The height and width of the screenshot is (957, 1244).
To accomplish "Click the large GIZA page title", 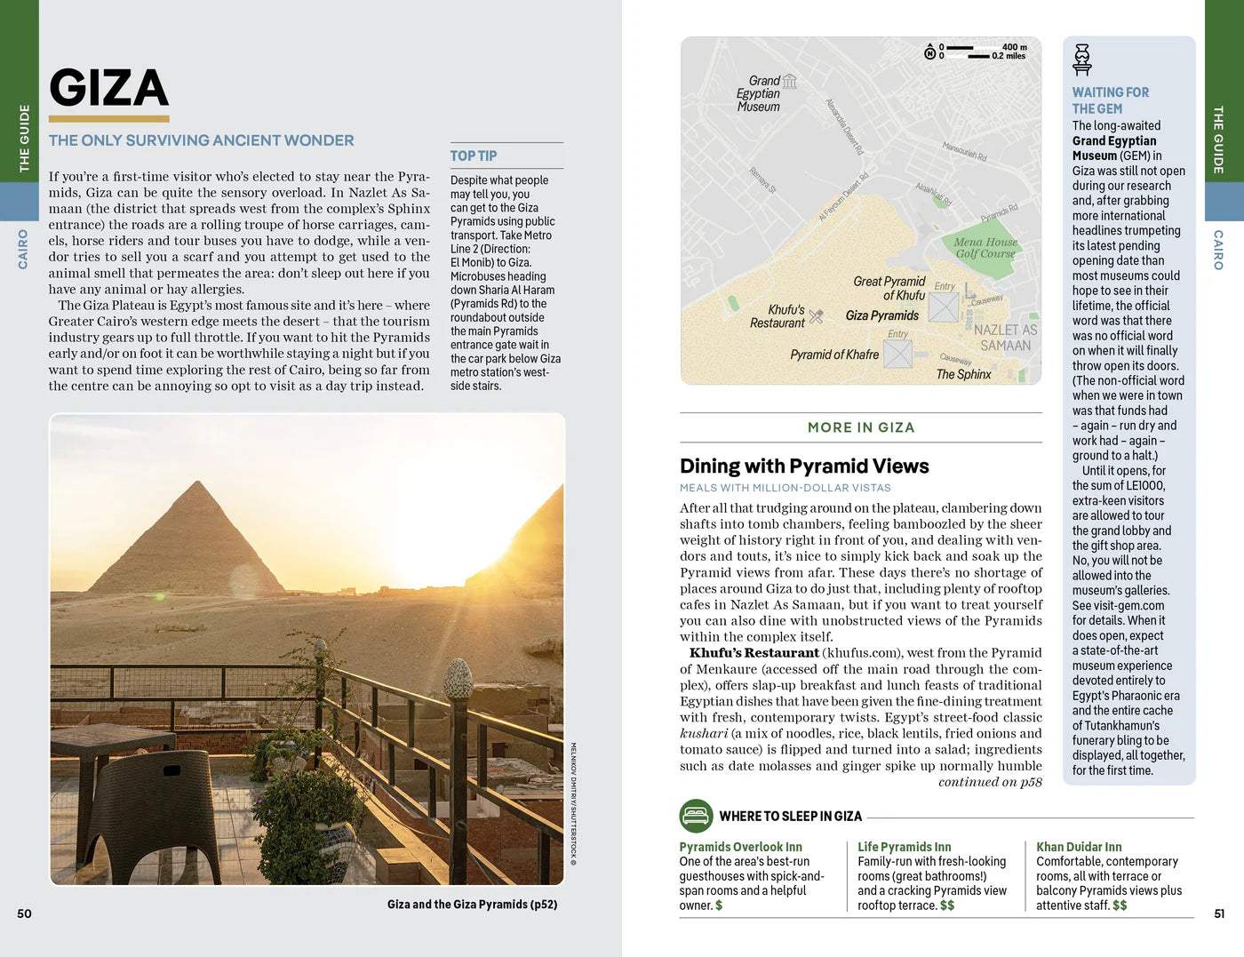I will tap(108, 88).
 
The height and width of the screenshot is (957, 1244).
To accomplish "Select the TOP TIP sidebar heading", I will tap(473, 156).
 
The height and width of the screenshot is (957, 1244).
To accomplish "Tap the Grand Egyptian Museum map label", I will tap(758, 93).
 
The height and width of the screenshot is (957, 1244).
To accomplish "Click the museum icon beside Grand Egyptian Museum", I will tap(789, 82).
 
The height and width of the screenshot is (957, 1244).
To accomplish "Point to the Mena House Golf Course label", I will tap(985, 248).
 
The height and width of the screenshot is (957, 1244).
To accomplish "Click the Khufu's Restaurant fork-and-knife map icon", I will tap(817, 316).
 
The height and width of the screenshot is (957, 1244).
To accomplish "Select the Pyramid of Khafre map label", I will tap(834, 355).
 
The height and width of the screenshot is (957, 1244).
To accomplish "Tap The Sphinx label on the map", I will tap(963, 374).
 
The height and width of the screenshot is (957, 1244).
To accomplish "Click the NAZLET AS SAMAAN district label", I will tap(1005, 338).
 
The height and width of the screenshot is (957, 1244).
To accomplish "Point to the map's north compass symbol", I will tap(929, 52).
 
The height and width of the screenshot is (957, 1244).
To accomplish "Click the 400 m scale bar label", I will tap(1014, 47).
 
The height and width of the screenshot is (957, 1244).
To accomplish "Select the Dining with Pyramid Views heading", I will tap(804, 467).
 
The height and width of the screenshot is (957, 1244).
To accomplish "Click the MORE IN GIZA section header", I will tap(860, 427).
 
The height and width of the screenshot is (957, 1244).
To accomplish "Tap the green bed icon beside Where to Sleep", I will tap(695, 815).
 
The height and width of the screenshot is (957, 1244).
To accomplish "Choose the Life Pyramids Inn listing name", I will tap(904, 847).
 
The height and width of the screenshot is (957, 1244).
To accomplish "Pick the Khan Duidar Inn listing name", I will tap(1078, 847).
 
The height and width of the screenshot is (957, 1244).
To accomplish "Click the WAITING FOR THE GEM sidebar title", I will tap(1110, 100).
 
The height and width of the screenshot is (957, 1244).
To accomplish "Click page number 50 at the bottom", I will tap(24, 913).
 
